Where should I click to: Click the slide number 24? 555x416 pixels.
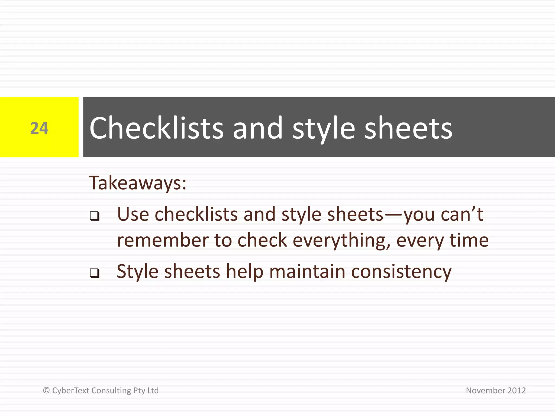click(x=39, y=128)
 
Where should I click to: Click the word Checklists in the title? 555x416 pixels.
click(x=156, y=128)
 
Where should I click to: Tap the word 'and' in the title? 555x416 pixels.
click(x=258, y=128)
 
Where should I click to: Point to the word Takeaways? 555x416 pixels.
click(x=138, y=183)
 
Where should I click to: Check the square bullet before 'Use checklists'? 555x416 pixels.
click(x=95, y=216)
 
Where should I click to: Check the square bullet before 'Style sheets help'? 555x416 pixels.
click(x=95, y=273)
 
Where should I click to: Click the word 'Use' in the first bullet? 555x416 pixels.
click(x=133, y=214)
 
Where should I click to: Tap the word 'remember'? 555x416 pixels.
click(x=162, y=240)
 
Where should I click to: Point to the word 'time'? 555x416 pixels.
click(x=469, y=240)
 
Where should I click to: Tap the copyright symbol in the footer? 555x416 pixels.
click(x=46, y=390)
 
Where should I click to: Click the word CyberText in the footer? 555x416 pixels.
click(x=71, y=390)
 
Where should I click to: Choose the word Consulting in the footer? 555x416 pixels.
click(x=111, y=391)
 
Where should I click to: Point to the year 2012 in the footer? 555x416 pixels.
click(x=517, y=390)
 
